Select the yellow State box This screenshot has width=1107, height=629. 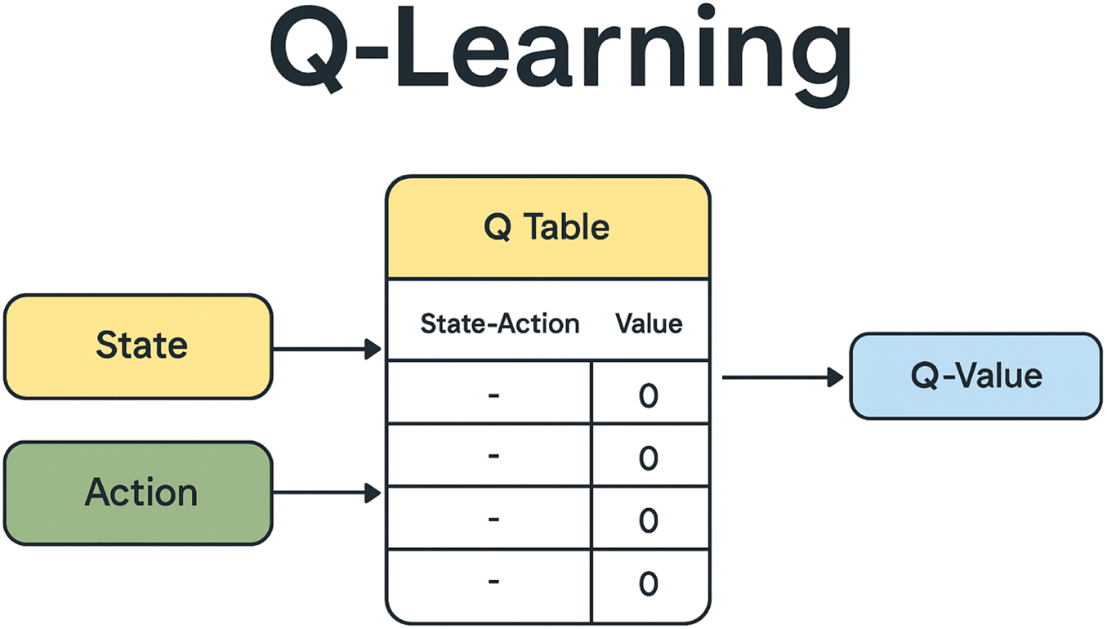coord(138,346)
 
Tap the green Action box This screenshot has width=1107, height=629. coord(138,493)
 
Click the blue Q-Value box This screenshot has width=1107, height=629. coord(975,376)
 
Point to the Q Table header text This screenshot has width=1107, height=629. coord(547,227)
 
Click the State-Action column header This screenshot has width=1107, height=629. coord(499,324)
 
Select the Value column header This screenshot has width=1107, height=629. coord(649,324)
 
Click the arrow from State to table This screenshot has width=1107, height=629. coord(327,350)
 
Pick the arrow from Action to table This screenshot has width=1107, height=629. coord(327,493)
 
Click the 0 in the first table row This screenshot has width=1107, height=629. coord(649,396)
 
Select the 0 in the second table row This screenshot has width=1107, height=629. coord(649,458)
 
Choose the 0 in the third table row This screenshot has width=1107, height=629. coord(649,521)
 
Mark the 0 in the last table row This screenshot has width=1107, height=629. coord(649,584)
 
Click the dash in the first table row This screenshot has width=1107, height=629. coord(493,395)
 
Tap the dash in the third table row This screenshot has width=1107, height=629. coord(493,519)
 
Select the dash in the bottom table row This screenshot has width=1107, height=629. coord(493,582)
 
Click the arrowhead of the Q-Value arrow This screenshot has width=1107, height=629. coord(835,377)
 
